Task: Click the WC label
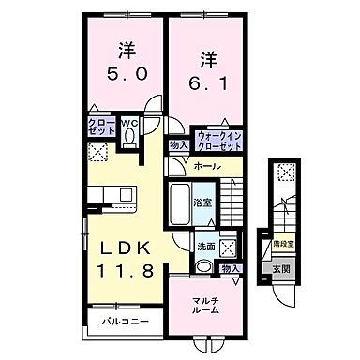tap(130, 120)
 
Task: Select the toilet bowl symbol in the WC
tap(131, 137)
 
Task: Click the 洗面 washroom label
tap(205, 247)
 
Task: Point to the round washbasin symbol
tap(203, 265)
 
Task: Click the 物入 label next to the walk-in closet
tap(178, 144)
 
